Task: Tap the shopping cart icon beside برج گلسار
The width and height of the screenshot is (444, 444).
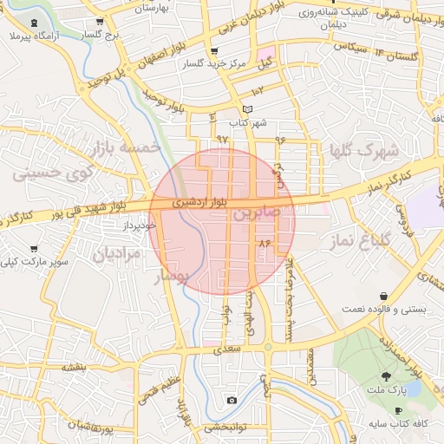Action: (101, 22)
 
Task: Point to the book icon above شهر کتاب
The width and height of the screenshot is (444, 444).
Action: (249, 109)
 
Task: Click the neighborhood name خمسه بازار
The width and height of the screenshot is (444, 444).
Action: (131, 148)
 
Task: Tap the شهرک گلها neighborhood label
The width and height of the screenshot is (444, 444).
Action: (362, 151)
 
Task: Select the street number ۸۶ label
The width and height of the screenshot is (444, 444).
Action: (264, 245)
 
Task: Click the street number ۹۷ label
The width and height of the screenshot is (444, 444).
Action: (222, 139)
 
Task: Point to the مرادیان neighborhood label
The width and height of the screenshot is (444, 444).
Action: (115, 255)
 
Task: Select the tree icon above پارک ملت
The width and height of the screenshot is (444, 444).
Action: (386, 375)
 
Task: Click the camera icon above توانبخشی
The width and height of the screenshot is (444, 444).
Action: (232, 400)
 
